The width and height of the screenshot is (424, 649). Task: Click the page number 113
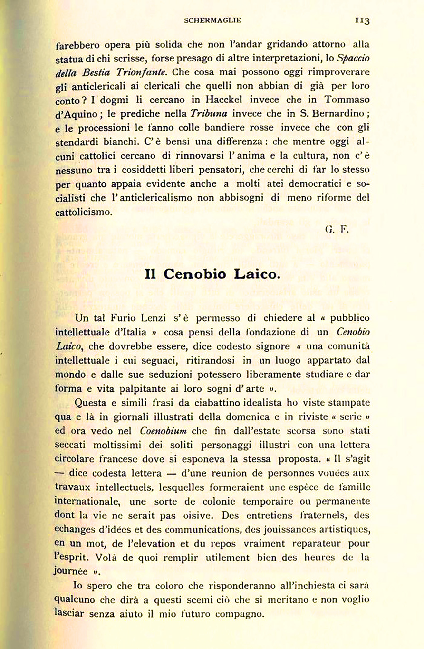click(362, 20)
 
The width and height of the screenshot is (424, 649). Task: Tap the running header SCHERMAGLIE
click(212, 20)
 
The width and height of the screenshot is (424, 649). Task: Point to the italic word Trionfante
click(141, 72)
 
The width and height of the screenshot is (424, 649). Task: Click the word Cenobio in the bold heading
click(195, 274)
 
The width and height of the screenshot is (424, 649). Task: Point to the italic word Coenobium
click(163, 431)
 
